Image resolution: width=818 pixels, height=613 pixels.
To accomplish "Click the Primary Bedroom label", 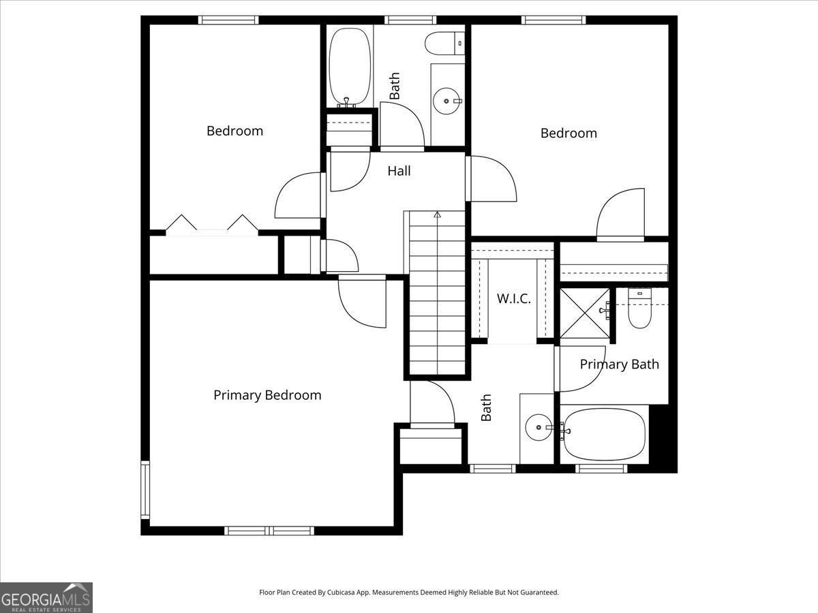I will point(267,395).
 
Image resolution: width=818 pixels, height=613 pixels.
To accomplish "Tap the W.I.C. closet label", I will point(513,298).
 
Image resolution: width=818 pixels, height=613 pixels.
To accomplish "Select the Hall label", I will point(399,171).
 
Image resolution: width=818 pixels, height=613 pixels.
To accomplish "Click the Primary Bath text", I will point(619,364).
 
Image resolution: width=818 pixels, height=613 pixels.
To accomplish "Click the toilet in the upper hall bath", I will point(444,44).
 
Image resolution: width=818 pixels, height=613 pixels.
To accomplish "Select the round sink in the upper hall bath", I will point(446,101).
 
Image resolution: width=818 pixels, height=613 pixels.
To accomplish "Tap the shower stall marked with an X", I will point(584,313).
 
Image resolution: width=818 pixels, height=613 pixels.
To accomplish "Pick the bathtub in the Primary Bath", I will point(604,434).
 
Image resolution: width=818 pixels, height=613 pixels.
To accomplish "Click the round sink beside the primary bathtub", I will point(539,428).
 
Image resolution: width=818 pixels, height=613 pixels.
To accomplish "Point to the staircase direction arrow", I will point(437,215).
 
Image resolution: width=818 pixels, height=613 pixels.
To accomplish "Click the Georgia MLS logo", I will point(46,597).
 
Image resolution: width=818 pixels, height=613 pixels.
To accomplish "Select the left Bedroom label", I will point(234,131).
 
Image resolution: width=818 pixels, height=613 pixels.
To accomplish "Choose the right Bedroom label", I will point(569,133).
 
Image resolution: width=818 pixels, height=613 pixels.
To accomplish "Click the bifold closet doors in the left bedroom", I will point(212,225).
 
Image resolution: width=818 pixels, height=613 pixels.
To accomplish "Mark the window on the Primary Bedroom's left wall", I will point(145,490).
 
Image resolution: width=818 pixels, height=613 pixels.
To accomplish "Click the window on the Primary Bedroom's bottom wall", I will point(269,530).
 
